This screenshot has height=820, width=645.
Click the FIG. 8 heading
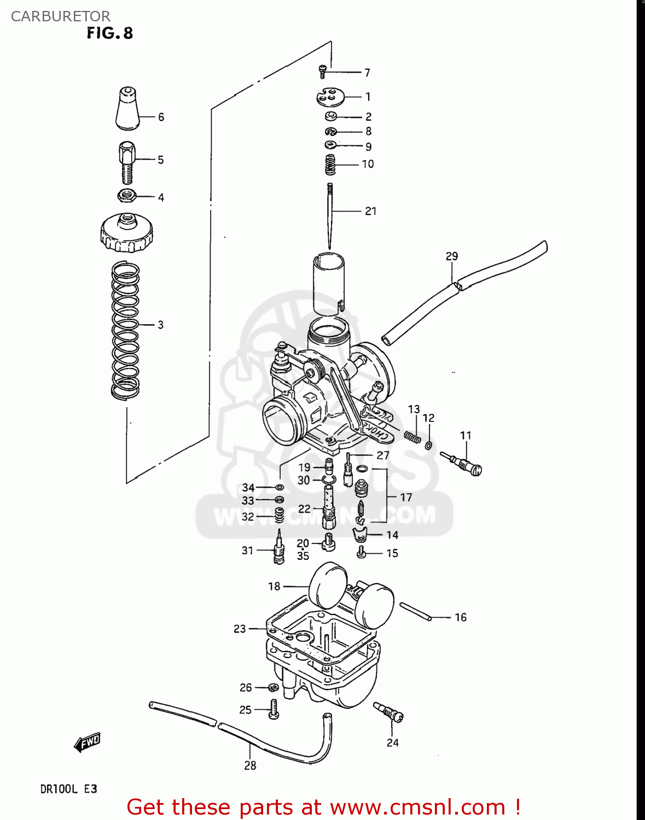pos(109,33)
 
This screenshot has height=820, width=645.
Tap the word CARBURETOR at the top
pos(60,16)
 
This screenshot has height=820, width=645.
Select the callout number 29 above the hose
pos(451,256)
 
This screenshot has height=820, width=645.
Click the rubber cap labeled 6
pos(127,108)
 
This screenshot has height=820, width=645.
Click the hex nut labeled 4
pos(126,195)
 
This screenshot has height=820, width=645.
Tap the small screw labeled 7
pos(323,71)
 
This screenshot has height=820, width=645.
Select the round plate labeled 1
pos(330,97)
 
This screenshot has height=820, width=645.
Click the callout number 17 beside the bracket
pos(405,497)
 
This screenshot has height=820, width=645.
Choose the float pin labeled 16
pos(416,611)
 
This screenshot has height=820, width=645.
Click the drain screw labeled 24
pos(389,713)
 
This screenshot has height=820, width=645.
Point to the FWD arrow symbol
pos(88,742)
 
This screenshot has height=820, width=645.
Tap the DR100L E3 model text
pos(68,789)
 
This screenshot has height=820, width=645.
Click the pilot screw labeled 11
pos(462,464)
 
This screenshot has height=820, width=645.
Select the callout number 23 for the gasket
pos(240,629)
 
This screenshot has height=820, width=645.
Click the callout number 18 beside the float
pos(274,586)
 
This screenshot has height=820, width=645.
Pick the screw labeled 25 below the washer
pos(274,709)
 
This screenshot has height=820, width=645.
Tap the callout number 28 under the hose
pos(250,765)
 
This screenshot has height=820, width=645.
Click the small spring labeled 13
pos(412,436)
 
